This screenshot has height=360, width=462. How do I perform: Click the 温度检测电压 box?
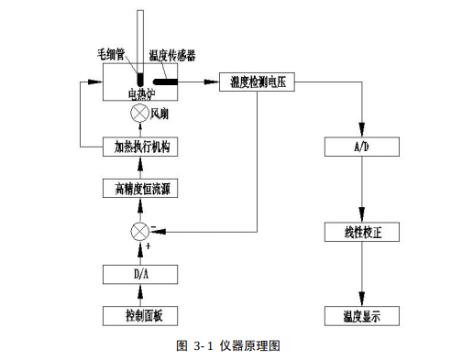point(258,82)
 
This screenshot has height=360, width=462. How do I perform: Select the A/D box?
point(363,147)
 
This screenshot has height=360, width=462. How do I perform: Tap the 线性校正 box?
point(363,232)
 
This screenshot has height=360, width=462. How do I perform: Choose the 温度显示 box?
point(363,316)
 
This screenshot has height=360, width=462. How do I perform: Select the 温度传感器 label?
point(170,56)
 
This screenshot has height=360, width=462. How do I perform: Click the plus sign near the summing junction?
point(148,247)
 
